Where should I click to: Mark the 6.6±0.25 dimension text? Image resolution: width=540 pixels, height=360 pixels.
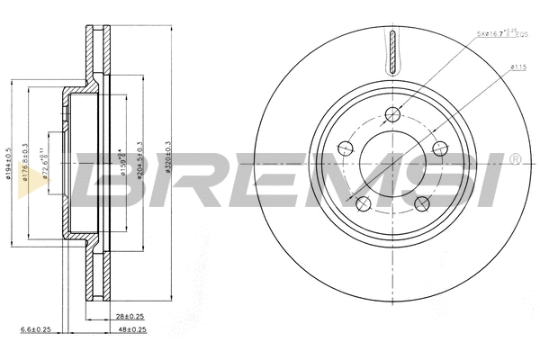pos(35,330)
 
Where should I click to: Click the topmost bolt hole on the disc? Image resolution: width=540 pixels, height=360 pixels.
pos(392,113)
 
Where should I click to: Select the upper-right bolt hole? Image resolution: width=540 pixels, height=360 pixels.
pos(440,148)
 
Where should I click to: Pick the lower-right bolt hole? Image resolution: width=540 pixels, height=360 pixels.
pos(422,203)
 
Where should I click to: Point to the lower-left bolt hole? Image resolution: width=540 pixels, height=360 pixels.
pos(363,203)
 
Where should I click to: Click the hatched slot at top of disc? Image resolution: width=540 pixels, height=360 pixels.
pos(392,52)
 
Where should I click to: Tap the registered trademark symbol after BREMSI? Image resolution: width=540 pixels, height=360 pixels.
pos(515,160)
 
